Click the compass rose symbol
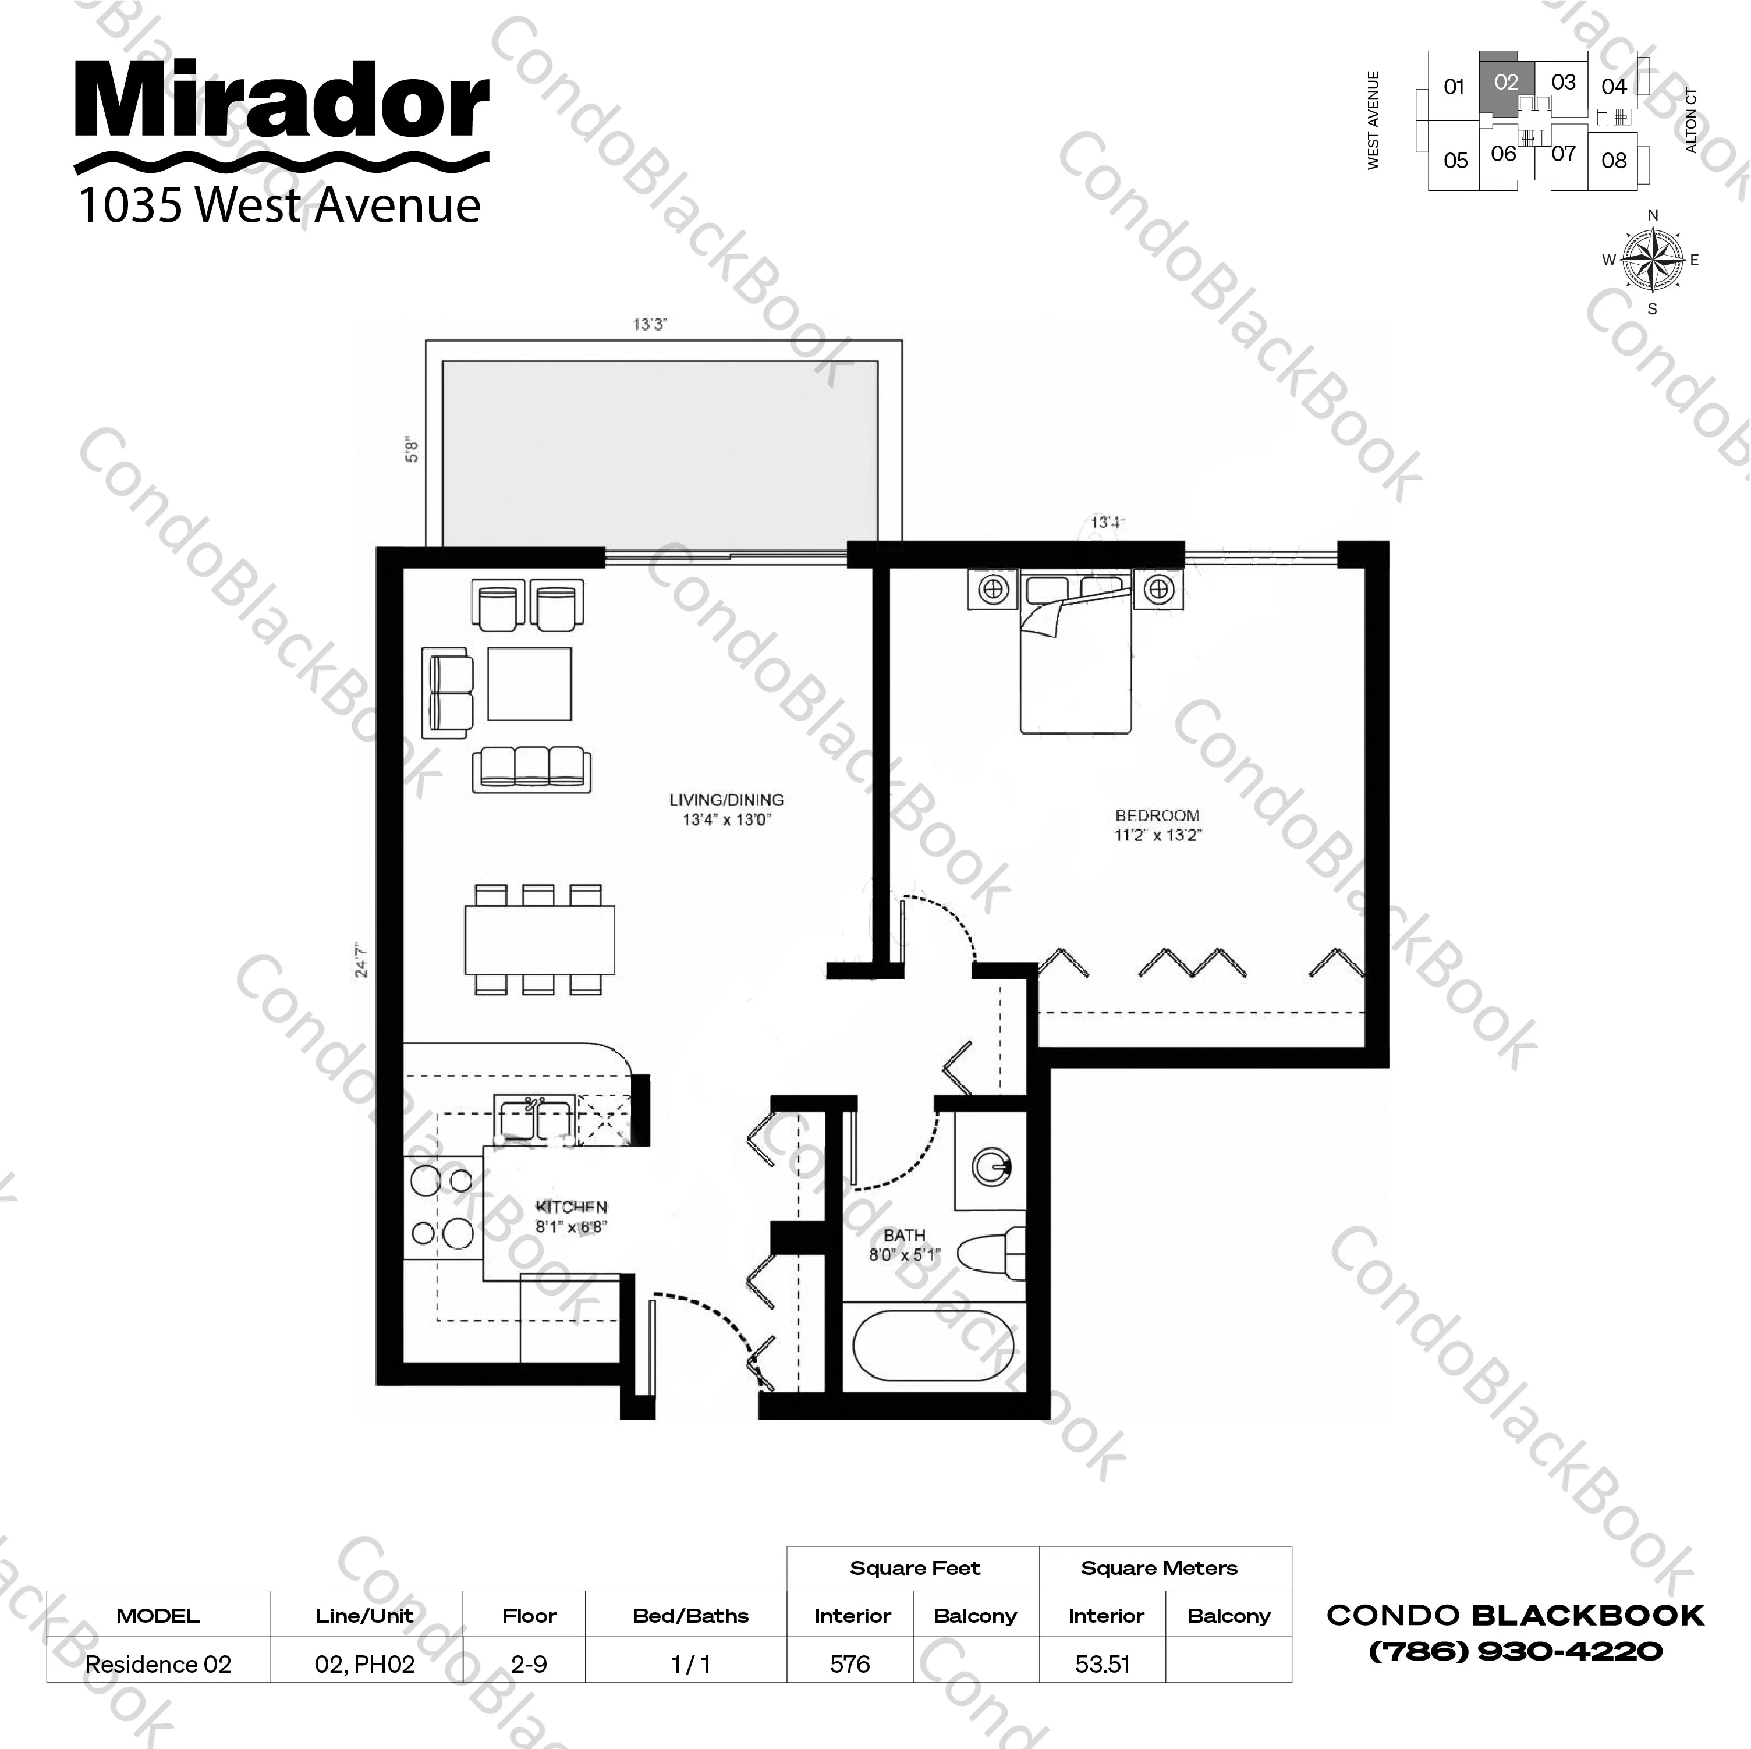point(1651,261)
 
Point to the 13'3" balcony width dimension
point(650,324)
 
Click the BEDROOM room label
point(1157,815)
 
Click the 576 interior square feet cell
point(849,1664)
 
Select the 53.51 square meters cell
point(1102,1664)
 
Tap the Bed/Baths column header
point(690,1615)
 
